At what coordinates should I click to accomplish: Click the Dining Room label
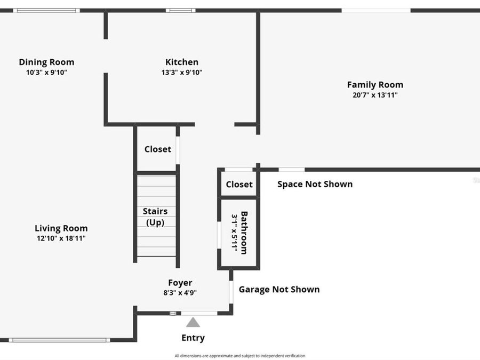pos(46,62)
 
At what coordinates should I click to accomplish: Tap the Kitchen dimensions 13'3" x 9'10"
pos(182,73)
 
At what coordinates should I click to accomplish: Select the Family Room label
pos(375,85)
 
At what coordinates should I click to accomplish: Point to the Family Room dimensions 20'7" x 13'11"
pos(375,95)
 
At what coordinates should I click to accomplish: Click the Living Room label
pos(61,228)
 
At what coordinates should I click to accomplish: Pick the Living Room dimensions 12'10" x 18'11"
pos(61,238)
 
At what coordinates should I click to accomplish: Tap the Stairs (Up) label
pos(155,217)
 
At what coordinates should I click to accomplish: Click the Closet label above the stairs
pos(158,149)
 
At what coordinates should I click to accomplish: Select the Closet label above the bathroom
pos(239,185)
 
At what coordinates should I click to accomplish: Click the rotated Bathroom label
pos(244,233)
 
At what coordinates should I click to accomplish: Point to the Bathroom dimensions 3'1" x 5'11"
pos(234,233)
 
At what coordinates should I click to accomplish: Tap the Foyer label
pos(180,283)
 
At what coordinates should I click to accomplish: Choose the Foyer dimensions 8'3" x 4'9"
pos(180,292)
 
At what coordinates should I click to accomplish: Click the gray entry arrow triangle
pos(193,322)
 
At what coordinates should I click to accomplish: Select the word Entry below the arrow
pos(193,338)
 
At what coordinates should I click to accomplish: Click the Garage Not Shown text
pos(279,290)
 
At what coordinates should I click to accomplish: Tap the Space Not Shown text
pos(315,184)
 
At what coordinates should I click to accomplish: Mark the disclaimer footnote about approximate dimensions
pos(240,356)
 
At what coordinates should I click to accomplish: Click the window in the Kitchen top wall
pos(180,10)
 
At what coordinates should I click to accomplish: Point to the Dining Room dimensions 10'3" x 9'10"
pos(46,73)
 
